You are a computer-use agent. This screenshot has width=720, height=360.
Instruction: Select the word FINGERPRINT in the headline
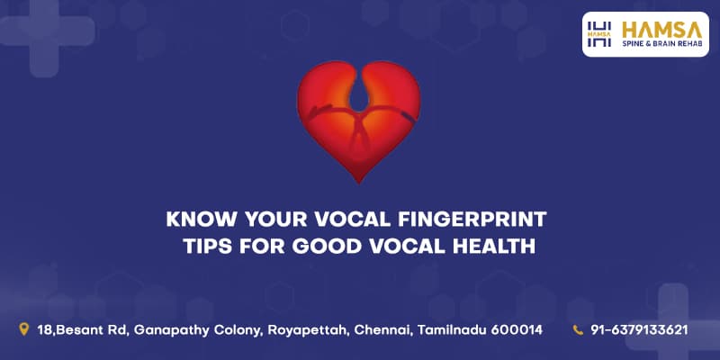click(472, 219)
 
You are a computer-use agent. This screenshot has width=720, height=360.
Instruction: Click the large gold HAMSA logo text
click(661, 31)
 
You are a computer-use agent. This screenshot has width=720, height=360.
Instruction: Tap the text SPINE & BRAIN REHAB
click(662, 43)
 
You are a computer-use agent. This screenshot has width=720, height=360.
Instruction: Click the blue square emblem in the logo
click(599, 34)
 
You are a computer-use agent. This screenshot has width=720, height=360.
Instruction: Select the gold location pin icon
click(24, 328)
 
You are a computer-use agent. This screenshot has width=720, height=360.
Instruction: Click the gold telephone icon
click(578, 329)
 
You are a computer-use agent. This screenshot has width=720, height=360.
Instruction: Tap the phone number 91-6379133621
click(639, 329)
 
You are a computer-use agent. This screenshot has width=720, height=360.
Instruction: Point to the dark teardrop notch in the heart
click(358, 95)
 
